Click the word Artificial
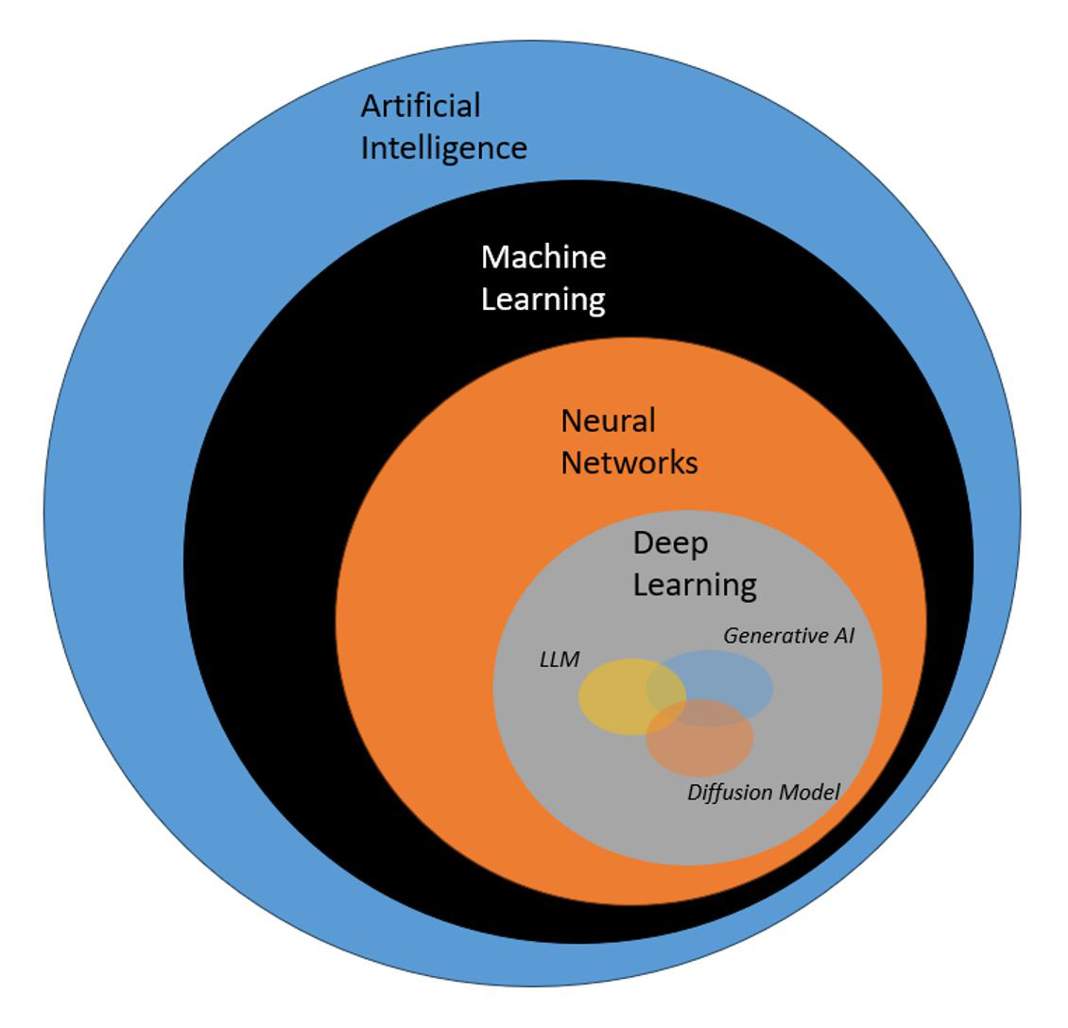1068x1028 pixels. (421, 106)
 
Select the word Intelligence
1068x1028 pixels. (443, 149)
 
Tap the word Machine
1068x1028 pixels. (543, 257)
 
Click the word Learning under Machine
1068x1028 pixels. (543, 300)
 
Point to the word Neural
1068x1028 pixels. (608, 420)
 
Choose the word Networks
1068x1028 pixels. (629, 463)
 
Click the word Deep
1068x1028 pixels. (670, 543)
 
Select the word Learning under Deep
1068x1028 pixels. (695, 586)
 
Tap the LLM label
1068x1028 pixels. (559, 660)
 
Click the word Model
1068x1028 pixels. (808, 792)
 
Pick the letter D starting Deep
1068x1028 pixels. (644, 543)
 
